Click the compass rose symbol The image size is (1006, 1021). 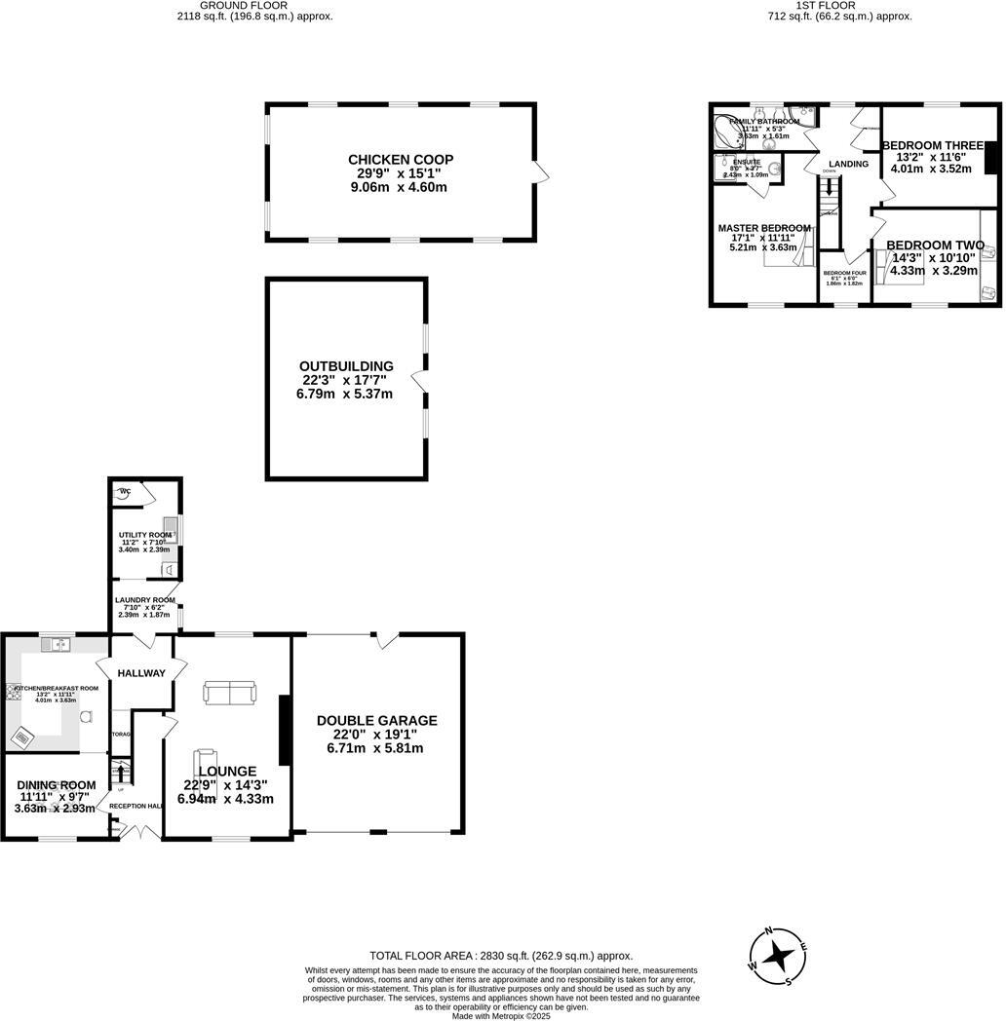pos(777,956)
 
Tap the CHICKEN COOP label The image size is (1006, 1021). pos(401,160)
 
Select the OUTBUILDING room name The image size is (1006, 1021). pos(346,366)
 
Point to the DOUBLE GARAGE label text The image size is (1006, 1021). pos(376,721)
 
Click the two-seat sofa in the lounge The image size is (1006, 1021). pos(230,693)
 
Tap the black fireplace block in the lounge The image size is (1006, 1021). pos(284,730)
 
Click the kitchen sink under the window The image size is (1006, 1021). pos(56,644)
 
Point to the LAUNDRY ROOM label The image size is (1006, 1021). pos(144,600)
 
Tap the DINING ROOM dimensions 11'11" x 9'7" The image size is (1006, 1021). pos(55,797)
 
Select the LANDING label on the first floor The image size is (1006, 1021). pos(849,164)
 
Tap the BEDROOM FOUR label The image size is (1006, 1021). pos(844,273)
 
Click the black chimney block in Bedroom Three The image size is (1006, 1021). pos(991,157)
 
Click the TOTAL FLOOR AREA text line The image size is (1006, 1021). pos(501,956)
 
